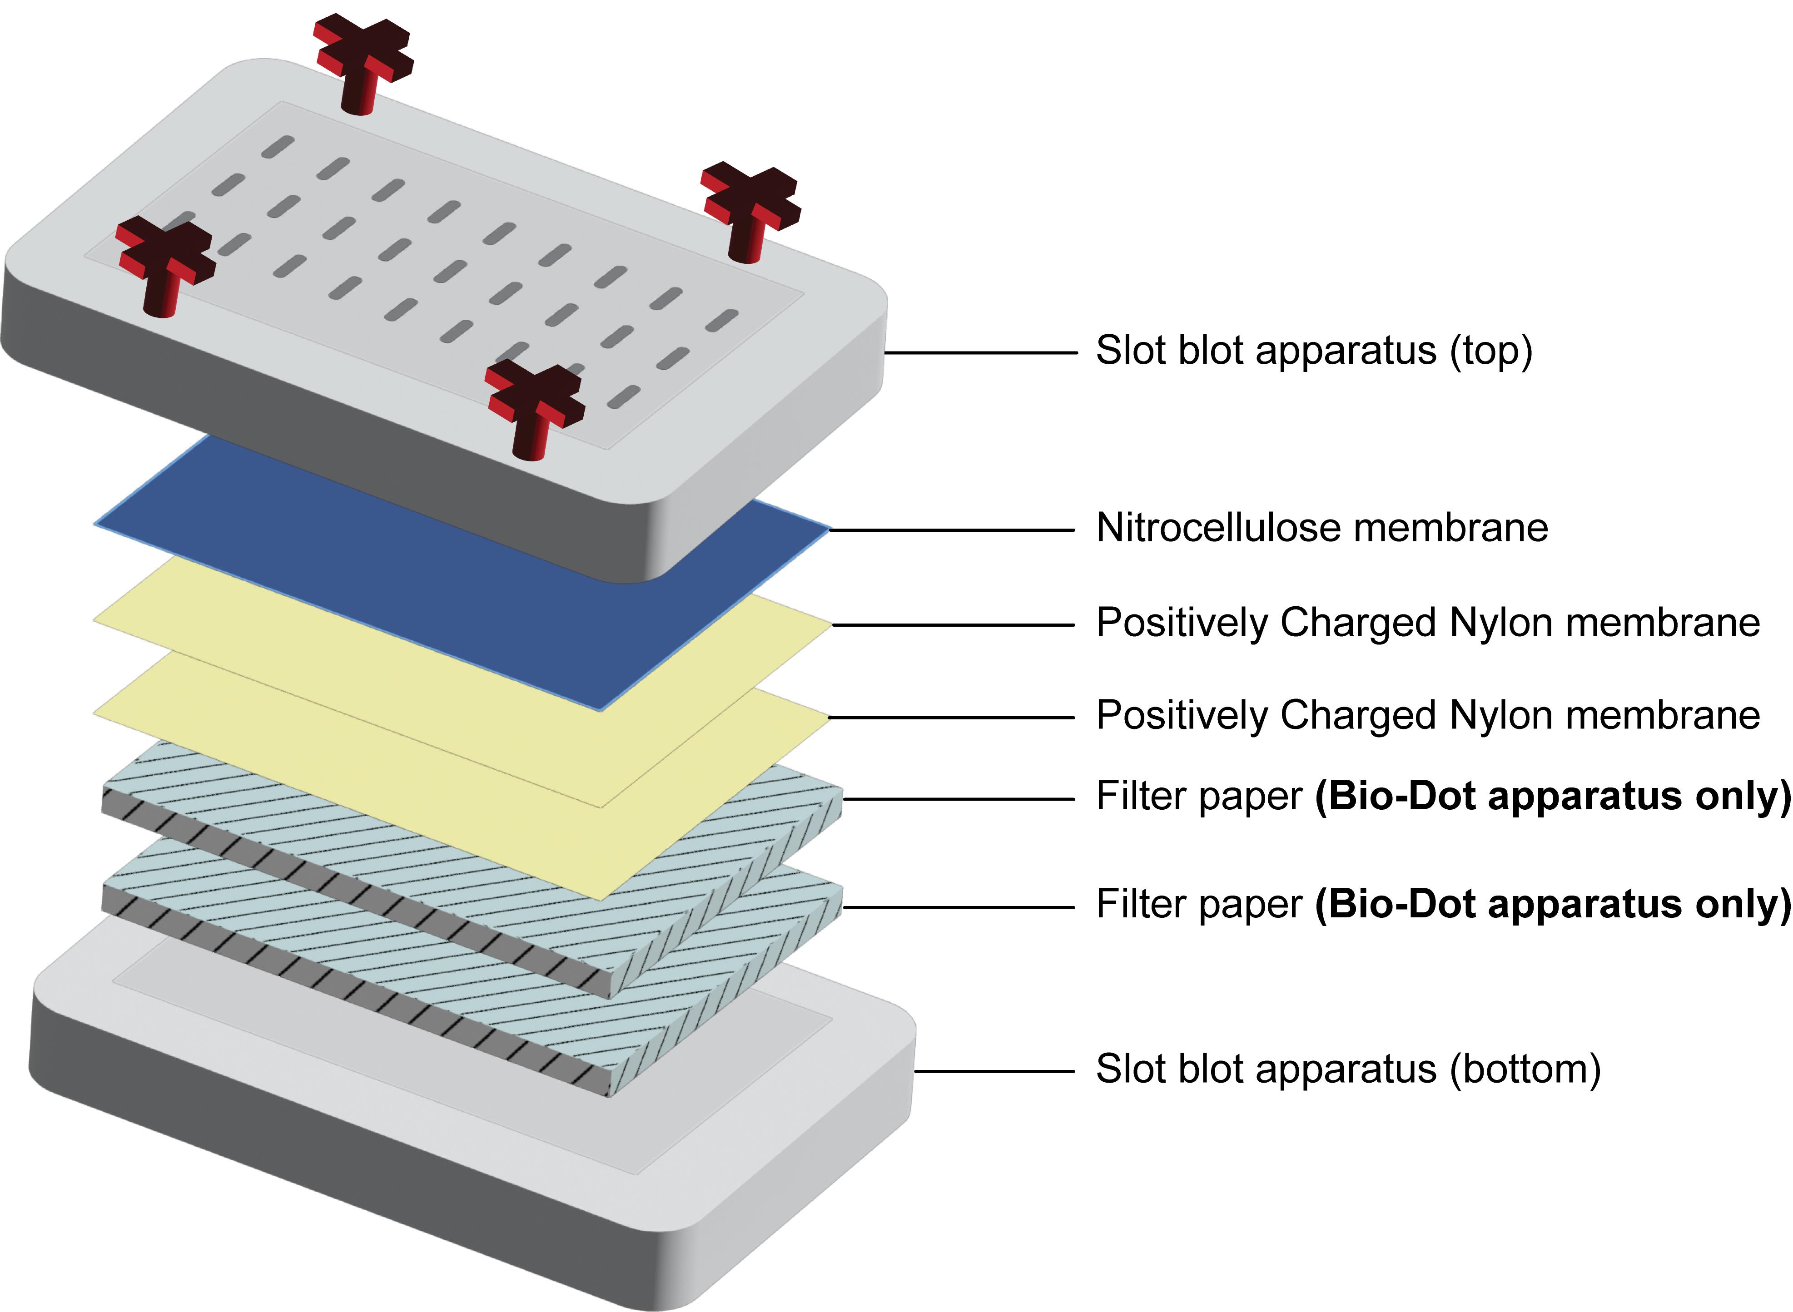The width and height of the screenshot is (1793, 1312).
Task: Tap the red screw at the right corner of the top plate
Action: click(x=751, y=210)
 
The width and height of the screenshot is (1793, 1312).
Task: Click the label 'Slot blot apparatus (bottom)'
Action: click(x=1347, y=1069)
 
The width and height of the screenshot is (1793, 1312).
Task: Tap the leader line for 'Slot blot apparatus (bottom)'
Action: click(x=993, y=1071)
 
